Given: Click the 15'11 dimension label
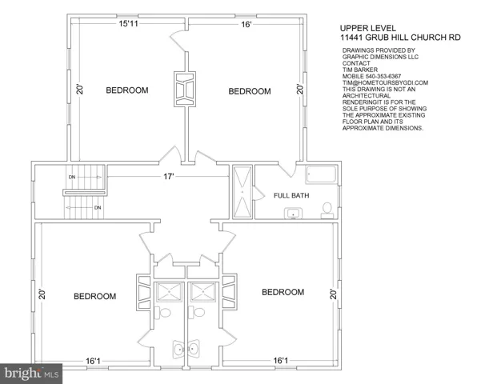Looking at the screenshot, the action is tap(128, 24).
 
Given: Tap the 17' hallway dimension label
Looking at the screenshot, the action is tap(169, 177).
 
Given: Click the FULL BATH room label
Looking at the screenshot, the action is tap(291, 195).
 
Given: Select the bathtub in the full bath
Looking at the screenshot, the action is tap(321, 174).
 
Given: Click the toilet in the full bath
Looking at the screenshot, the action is tap(327, 211).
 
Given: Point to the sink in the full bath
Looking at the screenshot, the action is tap(293, 214).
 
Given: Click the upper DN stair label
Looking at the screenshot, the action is tap(72, 177).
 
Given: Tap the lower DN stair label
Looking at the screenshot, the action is tap(98, 208).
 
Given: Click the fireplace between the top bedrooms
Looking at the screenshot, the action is tap(185, 89).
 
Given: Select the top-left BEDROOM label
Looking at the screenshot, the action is tap(127, 90).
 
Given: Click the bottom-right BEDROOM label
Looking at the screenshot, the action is tap(283, 292).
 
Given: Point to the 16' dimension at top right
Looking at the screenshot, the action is tap(246, 24).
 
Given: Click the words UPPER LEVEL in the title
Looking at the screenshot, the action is tap(368, 29).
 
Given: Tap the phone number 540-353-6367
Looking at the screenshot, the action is tap(383, 76).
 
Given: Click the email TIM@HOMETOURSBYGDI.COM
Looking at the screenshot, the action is tap(385, 82).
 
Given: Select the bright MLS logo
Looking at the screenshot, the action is tap(31, 374).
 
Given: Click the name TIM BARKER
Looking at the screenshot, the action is tap(360, 70).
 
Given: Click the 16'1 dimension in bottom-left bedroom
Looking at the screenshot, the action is tap(93, 361).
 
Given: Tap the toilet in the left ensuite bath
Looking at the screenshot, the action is tap(163, 312).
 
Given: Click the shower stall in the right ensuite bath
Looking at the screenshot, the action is tap(203, 292).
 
